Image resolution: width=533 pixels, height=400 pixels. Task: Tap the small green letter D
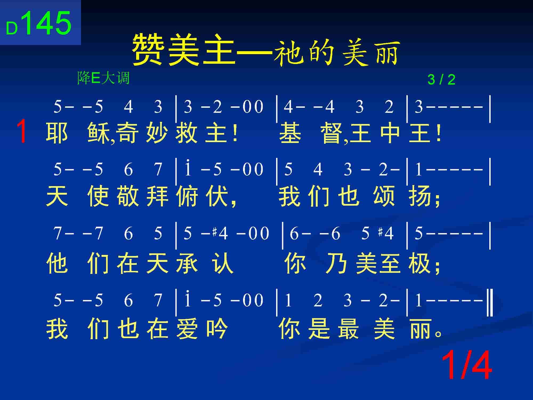(12, 28)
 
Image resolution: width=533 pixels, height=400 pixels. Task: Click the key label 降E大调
(103, 78)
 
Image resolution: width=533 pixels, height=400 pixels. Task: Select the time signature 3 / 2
(441, 79)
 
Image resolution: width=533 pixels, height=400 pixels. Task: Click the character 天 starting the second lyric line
(57, 196)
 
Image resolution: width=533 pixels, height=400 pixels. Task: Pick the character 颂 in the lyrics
(384, 196)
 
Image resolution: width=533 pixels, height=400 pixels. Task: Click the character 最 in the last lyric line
(349, 329)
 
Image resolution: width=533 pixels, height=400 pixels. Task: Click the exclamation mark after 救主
(235, 133)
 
